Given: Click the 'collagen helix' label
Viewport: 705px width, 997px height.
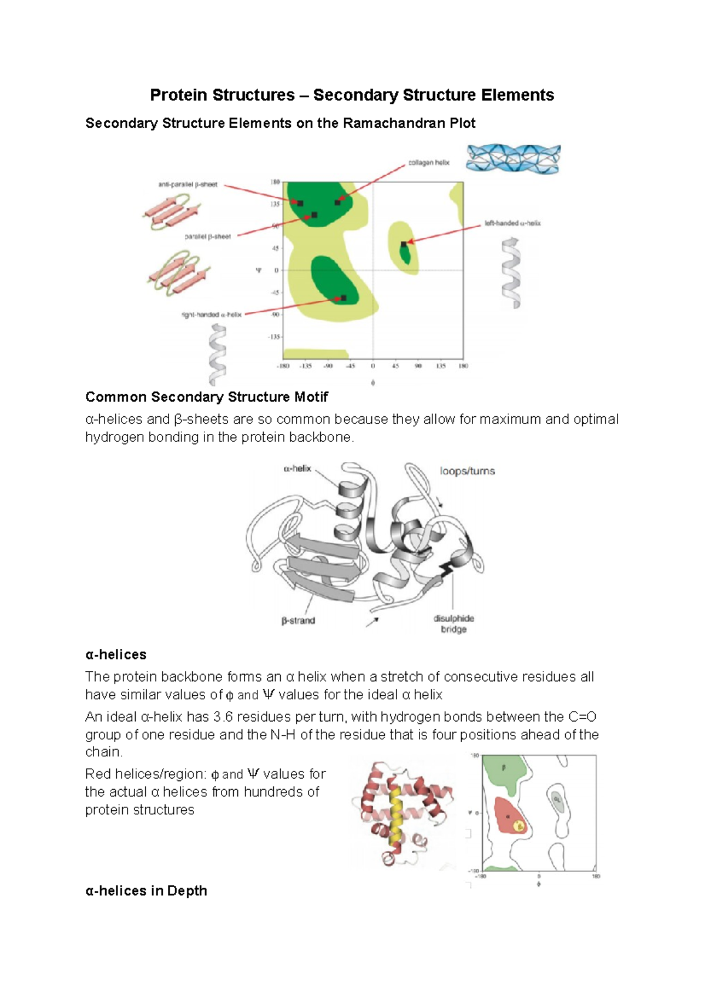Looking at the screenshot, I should coord(428,163).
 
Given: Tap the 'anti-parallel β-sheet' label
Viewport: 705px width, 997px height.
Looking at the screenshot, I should coord(187,184).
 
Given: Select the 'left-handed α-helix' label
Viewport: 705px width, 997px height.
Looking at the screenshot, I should coord(512,223).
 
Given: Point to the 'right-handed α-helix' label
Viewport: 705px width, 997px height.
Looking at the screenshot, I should coord(211,315).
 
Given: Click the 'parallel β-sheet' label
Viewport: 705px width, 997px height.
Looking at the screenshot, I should coord(207,237).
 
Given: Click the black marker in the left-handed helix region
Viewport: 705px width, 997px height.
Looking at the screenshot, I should coord(404,244).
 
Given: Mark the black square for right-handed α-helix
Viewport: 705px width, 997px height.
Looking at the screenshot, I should coord(344,298).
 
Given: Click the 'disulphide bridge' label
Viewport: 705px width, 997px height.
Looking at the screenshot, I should coord(454,624).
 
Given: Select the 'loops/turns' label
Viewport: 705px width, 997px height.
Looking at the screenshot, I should coord(467,471).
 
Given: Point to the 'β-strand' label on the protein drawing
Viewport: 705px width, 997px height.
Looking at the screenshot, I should coord(298,621).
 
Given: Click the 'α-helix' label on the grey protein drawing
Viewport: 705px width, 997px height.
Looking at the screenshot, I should coord(297,469).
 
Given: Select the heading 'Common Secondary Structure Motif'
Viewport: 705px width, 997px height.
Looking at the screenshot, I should coord(206,397).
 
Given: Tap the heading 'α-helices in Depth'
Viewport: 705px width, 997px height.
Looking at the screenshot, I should coord(146,891).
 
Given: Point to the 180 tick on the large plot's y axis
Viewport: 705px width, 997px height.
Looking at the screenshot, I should coord(275,183).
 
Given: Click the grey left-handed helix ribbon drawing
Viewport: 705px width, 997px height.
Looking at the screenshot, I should coord(511,273).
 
